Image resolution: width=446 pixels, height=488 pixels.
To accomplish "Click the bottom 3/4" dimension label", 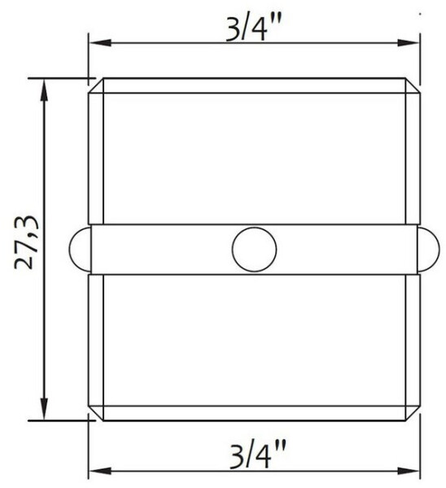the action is [257, 455].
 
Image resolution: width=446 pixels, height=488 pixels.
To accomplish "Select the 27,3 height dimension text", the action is [27, 242].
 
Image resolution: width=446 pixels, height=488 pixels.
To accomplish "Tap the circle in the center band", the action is [254, 250].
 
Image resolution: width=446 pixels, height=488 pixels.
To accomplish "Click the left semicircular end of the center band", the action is [80, 250].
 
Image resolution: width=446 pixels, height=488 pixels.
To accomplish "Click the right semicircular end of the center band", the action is [428, 250].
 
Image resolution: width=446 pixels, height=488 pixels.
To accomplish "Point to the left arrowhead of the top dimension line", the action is [100, 42].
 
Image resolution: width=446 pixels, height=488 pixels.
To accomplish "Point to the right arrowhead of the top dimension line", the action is [409, 42].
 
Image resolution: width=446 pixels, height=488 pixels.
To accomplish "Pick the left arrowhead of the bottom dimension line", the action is [100, 471].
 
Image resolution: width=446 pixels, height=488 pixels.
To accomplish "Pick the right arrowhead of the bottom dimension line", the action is [409, 471].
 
